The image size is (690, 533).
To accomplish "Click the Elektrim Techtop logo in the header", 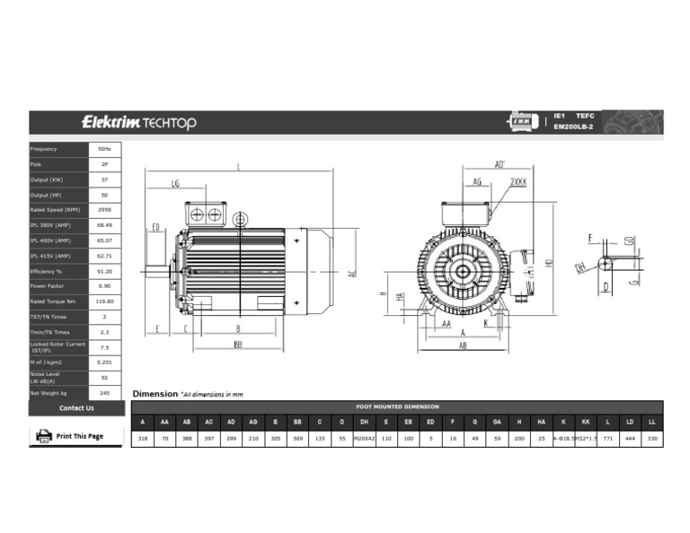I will [138, 122].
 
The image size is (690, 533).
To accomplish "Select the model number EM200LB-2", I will [573, 127].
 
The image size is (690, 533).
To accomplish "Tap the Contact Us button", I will [76, 408].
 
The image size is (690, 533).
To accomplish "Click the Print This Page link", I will [79, 436].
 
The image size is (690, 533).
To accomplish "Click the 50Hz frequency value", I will [104, 149].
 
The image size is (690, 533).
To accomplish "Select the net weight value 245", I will [104, 393].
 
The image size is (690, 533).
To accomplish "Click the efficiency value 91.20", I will [104, 271].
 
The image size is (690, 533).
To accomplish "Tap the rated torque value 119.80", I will [104, 301].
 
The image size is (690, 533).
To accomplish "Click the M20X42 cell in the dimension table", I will [364, 439].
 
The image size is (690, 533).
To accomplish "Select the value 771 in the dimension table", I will [608, 439].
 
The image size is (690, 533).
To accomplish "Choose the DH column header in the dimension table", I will [364, 422].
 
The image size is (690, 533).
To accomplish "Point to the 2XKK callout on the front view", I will [518, 181].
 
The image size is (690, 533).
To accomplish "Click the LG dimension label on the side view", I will [175, 183].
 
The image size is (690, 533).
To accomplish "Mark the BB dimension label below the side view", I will [238, 344].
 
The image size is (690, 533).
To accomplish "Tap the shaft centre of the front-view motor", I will [463, 270].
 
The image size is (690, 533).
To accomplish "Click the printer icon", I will [43, 436].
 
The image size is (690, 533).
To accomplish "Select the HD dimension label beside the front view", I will [548, 261].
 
